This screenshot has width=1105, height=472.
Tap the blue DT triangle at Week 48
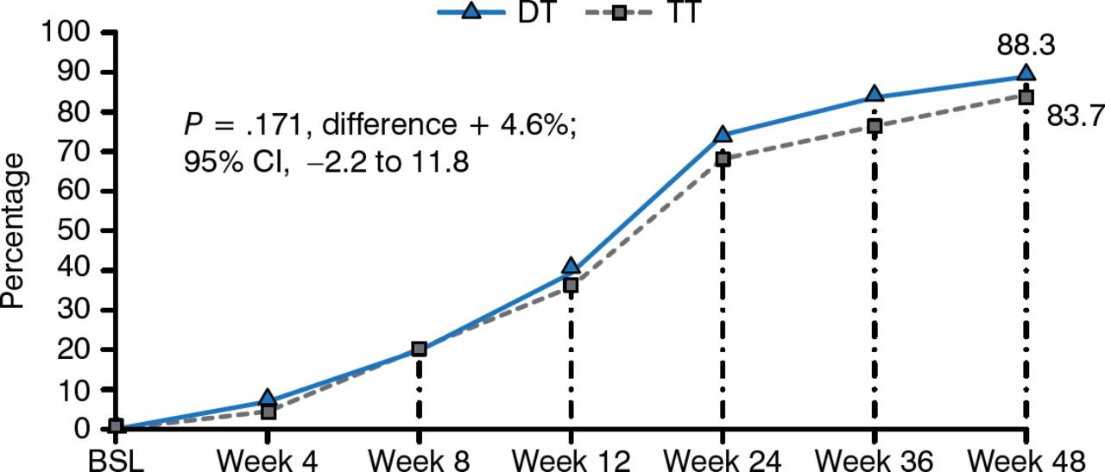point(1026,74)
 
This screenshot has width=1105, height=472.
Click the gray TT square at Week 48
point(1026,98)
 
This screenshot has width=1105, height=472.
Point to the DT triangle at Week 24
point(723,135)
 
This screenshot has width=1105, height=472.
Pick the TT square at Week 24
point(723,159)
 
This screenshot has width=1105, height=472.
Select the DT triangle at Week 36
point(874,95)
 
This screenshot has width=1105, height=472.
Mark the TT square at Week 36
point(874,126)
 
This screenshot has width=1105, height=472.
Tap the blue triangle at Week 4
point(268,399)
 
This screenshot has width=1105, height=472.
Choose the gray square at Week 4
point(268,412)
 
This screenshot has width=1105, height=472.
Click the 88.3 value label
point(1026,46)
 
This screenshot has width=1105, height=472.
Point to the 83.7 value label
point(1076,115)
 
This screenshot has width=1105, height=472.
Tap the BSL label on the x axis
point(116,459)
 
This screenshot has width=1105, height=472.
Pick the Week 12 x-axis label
point(571,459)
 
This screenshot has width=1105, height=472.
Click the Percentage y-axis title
point(15,231)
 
